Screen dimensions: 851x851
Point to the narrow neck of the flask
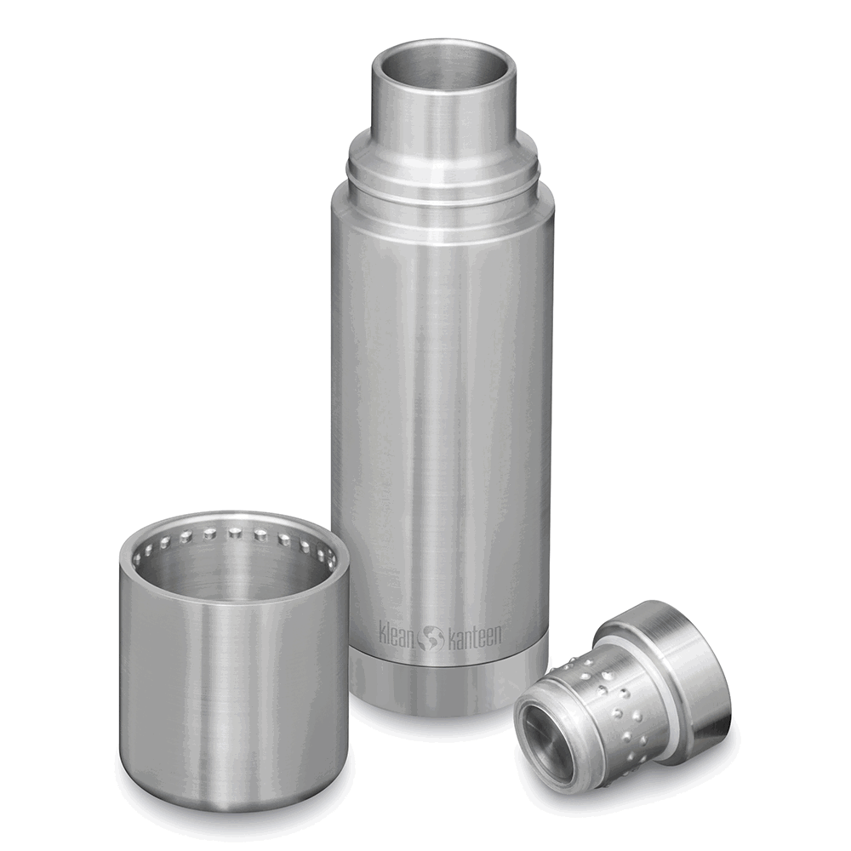click(443, 111)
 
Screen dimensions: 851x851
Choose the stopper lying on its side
click(621, 698)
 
